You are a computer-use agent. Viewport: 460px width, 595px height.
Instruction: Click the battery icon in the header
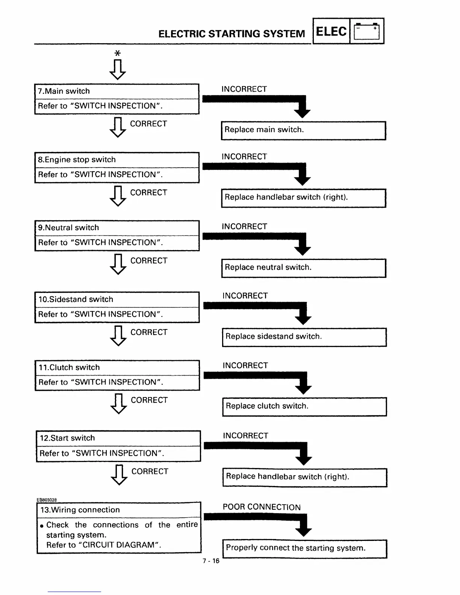[367, 31]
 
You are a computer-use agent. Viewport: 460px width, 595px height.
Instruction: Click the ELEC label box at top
[331, 31]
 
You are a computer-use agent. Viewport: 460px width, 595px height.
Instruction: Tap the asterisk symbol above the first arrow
[118, 53]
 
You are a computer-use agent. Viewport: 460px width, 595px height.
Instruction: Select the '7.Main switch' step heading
[64, 91]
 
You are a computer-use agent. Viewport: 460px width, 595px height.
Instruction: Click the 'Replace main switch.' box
[303, 130]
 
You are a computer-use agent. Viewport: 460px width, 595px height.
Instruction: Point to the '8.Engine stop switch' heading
[77, 160]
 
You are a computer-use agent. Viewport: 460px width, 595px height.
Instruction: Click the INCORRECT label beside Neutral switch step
[244, 227]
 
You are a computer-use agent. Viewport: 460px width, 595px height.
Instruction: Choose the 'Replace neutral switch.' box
[304, 268]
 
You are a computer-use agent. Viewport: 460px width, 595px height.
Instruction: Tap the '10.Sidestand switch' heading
[76, 299]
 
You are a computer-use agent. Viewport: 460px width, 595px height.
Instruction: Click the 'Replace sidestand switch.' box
[304, 337]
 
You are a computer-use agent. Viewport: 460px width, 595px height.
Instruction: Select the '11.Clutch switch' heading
[69, 367]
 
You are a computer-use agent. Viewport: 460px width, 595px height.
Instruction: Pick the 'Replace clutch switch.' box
[304, 406]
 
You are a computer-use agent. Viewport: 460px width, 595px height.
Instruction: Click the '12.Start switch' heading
[67, 438]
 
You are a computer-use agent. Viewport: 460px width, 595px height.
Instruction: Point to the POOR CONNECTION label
[262, 507]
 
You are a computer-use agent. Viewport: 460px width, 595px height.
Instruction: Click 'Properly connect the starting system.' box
[305, 548]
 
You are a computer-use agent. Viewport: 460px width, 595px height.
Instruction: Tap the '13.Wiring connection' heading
[80, 510]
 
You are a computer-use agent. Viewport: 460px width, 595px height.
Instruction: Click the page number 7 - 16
[211, 561]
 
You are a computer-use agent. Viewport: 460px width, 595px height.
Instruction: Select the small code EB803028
[47, 500]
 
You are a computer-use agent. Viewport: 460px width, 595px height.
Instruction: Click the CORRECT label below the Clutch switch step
[149, 400]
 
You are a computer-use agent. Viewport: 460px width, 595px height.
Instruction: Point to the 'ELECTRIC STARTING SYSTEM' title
[232, 34]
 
